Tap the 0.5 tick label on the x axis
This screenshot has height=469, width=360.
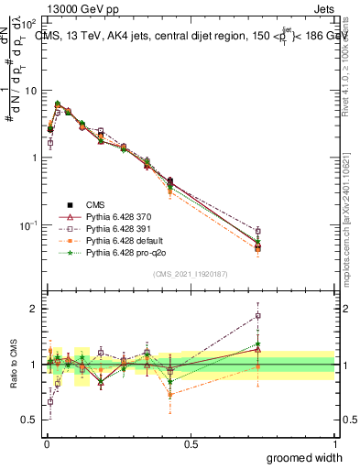[x=191, y=444]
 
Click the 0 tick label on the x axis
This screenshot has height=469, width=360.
[x=46, y=444]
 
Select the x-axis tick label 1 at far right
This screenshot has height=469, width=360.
[x=335, y=444]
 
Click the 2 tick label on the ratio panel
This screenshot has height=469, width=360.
[x=34, y=309]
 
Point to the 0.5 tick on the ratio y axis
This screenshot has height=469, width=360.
[x=29, y=420]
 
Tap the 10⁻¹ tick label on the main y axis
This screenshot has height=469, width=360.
[x=28, y=225]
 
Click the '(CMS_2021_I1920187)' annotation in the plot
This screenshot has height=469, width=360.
[x=190, y=274]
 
